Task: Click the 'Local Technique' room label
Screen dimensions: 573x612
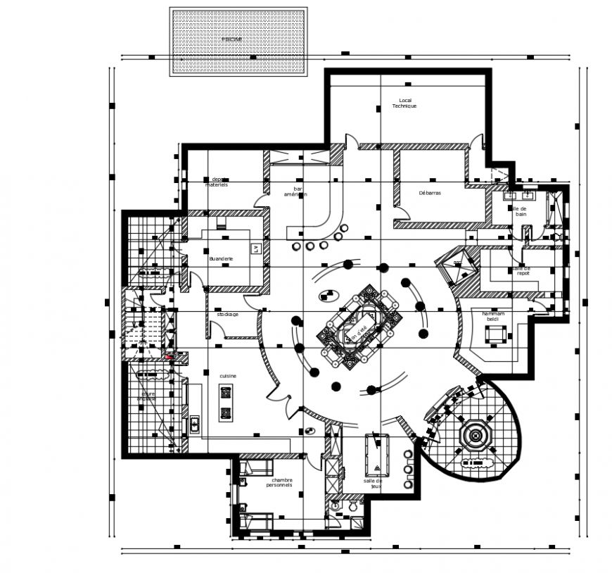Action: [404, 103]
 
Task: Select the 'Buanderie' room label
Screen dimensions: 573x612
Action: [221, 259]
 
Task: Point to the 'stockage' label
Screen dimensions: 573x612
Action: [227, 314]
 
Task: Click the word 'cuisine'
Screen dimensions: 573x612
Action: [227, 376]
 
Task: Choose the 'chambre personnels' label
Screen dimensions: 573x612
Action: [279, 483]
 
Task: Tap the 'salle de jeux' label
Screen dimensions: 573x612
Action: [373, 484]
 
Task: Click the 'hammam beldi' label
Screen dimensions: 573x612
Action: [490, 316]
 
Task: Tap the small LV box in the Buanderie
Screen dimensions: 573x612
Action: [255, 248]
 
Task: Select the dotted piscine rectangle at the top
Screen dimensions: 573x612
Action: [238, 42]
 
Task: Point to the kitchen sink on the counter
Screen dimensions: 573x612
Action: [194, 424]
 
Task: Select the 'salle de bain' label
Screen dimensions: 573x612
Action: [519, 212]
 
